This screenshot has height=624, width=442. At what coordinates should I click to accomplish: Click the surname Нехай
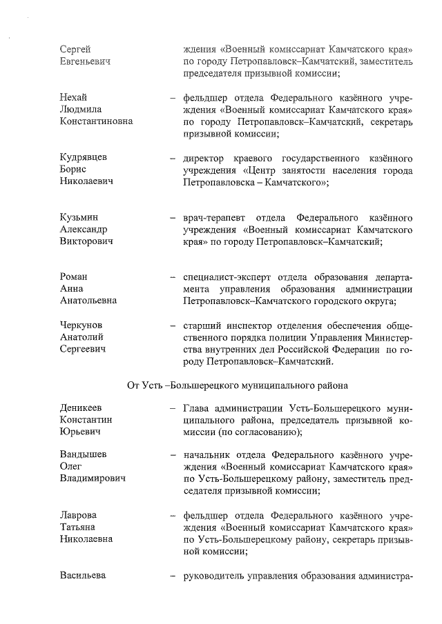coord(73,97)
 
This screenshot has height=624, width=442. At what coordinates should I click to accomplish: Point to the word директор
coord(206,157)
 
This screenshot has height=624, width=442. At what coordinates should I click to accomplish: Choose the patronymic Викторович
coord(86,242)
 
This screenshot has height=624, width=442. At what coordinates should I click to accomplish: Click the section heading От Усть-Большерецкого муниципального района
coord(237,385)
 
